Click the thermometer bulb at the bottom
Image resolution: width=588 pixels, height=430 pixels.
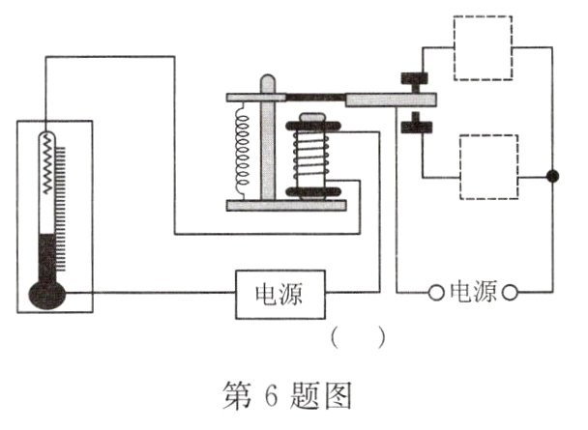coord(45,293)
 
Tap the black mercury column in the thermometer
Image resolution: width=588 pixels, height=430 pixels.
coord(46,257)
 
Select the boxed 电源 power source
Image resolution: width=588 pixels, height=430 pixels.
coord(279,293)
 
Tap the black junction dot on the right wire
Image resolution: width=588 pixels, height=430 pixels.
coord(552,176)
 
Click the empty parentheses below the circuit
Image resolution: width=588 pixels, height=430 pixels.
coord(358,338)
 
